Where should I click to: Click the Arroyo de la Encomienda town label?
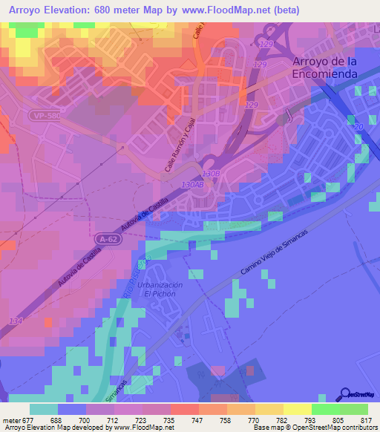pos(325,68)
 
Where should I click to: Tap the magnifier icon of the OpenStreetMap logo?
pos(345,395)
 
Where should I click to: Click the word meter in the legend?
pos(11,420)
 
